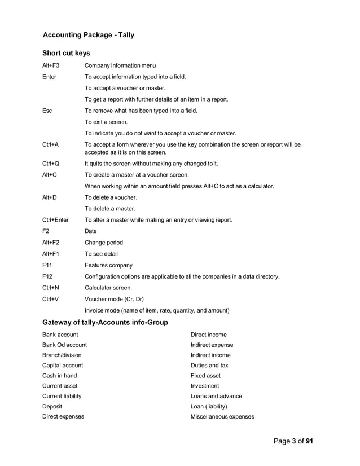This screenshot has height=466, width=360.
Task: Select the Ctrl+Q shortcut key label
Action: [x=51, y=164]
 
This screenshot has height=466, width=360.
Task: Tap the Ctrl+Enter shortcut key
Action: [x=55, y=220]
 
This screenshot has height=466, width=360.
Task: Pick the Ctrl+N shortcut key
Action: [x=50, y=288]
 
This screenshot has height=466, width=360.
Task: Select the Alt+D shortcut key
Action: [x=50, y=197]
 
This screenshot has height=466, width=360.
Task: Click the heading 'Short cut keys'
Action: [x=66, y=53]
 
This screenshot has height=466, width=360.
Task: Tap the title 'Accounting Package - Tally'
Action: [x=89, y=35]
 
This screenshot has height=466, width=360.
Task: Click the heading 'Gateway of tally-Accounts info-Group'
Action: [x=105, y=322]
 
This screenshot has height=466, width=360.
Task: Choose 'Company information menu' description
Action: [x=120, y=65]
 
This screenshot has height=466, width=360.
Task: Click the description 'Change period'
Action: [x=104, y=243]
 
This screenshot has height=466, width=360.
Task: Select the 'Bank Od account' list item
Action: [x=64, y=345]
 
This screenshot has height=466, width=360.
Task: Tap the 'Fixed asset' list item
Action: [x=205, y=375]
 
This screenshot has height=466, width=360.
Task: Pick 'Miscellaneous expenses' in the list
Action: [x=222, y=417]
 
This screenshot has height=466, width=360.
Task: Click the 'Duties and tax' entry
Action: [x=209, y=365]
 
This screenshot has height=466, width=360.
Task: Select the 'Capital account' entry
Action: [x=63, y=365]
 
